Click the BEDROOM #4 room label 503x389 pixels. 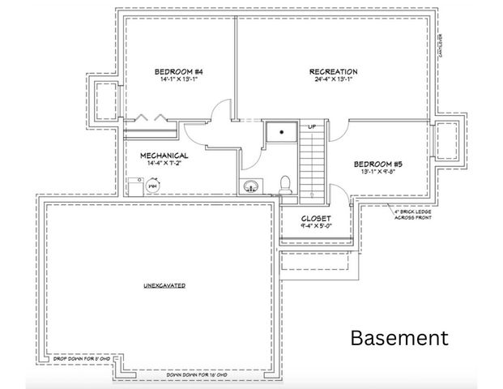[173, 72]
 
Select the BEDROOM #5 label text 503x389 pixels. [377, 164]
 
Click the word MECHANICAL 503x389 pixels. [164, 155]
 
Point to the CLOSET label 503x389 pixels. [315, 219]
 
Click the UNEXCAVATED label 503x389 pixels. [165, 286]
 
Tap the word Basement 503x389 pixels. [399, 338]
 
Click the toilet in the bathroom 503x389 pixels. [284, 186]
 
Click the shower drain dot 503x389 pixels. [283, 129]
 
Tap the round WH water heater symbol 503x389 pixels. [151, 186]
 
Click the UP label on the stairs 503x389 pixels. [311, 126]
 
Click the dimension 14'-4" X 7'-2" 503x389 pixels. [165, 163]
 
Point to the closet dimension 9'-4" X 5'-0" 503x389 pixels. [315, 227]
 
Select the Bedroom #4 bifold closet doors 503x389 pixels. [150, 118]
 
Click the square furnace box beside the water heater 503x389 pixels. [134, 186]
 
